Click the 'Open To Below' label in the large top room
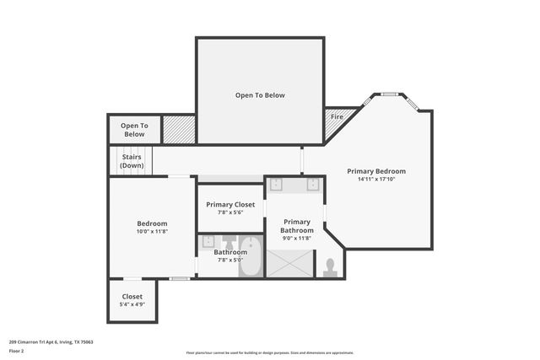click(x=260, y=95)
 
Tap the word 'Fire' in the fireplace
click(x=337, y=116)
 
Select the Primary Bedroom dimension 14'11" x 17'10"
click(x=376, y=180)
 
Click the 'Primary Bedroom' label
click(x=376, y=171)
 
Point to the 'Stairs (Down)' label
click(x=132, y=161)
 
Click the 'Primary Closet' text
click(x=230, y=204)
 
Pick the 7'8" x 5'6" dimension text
click(x=230, y=212)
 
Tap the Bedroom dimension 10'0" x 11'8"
click(x=152, y=231)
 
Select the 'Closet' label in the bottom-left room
click(x=132, y=296)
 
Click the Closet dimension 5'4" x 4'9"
click(x=132, y=304)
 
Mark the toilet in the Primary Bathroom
click(x=330, y=267)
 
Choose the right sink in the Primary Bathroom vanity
click(x=312, y=185)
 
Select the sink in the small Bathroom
click(x=208, y=242)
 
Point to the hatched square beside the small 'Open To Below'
click(x=179, y=129)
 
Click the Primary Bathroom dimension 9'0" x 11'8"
click(x=297, y=239)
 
